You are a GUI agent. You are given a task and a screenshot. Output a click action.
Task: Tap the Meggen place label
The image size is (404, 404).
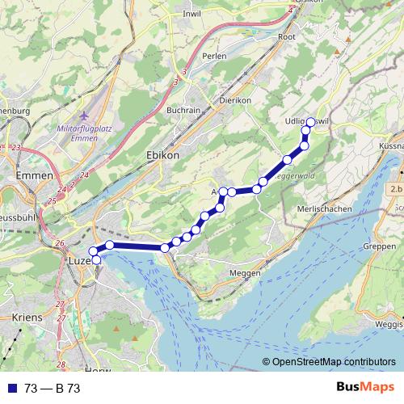coord(246,273)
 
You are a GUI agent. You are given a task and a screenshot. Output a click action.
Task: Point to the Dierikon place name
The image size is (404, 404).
coord(236,100)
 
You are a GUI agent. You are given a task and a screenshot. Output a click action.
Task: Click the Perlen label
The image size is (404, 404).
coord(214,57)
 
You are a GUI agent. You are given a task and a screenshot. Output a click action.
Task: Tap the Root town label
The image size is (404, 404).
coord(287,36)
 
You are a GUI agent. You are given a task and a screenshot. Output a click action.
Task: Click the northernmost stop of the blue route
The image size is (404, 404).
coord(309,122)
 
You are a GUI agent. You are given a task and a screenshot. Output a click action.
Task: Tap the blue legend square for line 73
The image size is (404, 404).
coord(11,389)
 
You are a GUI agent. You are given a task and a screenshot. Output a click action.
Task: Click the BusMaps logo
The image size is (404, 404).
coord(364,388)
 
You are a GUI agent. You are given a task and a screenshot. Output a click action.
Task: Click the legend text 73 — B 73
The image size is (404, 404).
coord(53,389)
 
